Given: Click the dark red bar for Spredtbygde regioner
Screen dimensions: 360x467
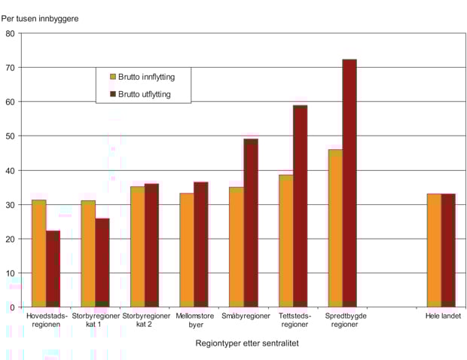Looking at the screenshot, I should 349,183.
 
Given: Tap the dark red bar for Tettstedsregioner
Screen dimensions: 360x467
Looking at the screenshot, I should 300,206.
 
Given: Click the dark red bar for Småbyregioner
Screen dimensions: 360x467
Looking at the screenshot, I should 251,223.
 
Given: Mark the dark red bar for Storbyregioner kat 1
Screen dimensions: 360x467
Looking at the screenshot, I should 102,262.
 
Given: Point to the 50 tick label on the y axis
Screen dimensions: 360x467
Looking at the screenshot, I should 11,136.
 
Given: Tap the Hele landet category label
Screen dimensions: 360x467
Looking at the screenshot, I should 442,316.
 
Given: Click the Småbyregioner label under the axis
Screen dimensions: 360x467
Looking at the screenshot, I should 246,316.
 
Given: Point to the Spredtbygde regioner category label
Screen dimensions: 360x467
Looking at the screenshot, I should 345,321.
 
